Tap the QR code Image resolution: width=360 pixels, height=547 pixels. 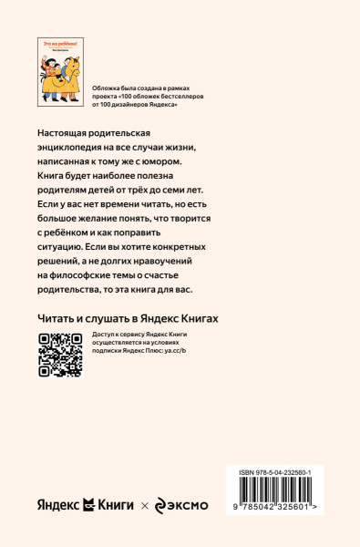coord(60,355)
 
